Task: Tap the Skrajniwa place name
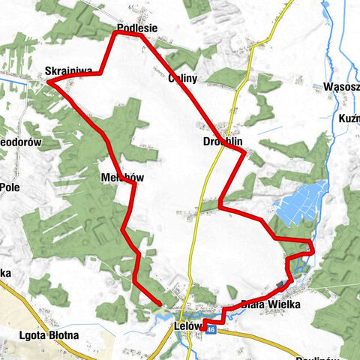point(68,71)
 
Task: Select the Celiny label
point(182,77)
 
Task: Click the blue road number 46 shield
point(212,329)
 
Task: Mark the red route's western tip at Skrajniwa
point(51,82)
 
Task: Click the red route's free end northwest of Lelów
point(160,303)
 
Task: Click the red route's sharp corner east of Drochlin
point(244,153)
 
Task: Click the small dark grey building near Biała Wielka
point(280,283)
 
